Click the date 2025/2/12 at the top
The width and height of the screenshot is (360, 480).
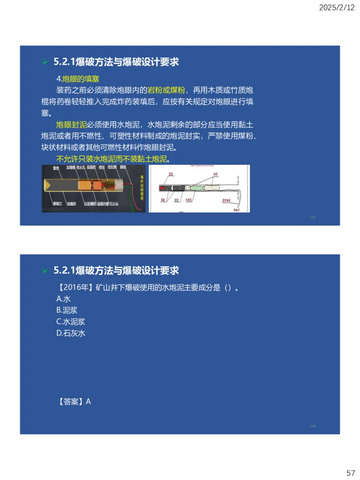pyautogui.click(x=337, y=8)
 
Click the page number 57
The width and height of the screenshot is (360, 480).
pyautogui.click(x=351, y=473)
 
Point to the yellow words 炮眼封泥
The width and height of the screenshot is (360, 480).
pyautogui.click(x=71, y=124)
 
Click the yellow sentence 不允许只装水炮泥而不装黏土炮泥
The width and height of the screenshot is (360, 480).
pyautogui.click(x=111, y=159)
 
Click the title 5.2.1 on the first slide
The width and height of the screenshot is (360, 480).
pyautogui.click(x=116, y=62)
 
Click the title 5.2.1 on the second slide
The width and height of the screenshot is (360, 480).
pyautogui.click(x=116, y=270)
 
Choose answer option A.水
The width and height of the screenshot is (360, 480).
pyautogui.click(x=63, y=299)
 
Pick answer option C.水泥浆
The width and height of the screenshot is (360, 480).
pyautogui.click(x=71, y=322)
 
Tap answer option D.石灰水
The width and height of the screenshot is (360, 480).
pyautogui.click(x=71, y=333)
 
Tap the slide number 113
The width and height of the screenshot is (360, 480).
pyautogui.click(x=313, y=217)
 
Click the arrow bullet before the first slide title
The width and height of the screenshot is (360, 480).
pyautogui.click(x=45, y=62)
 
